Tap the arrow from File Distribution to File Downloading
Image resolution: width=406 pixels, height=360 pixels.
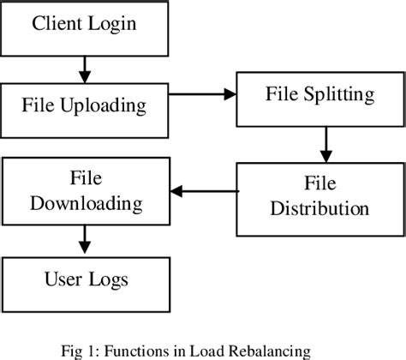pos(202,192)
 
